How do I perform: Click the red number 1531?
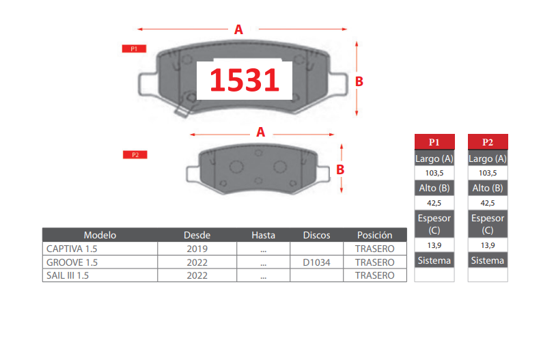pyautogui.click(x=245, y=80)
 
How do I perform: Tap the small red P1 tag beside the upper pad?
pyautogui.click(x=134, y=49)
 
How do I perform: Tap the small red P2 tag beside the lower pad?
pyautogui.click(x=135, y=154)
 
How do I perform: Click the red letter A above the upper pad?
pyautogui.click(x=238, y=29)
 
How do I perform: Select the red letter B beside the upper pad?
pyautogui.click(x=359, y=81)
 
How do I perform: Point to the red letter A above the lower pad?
pyautogui.click(x=260, y=132)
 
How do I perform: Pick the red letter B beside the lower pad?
pyautogui.click(x=340, y=169)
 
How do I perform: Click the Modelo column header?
pyautogui.click(x=100, y=235)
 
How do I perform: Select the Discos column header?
pyautogui.click(x=316, y=235)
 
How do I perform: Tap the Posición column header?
pyautogui.click(x=375, y=235)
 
